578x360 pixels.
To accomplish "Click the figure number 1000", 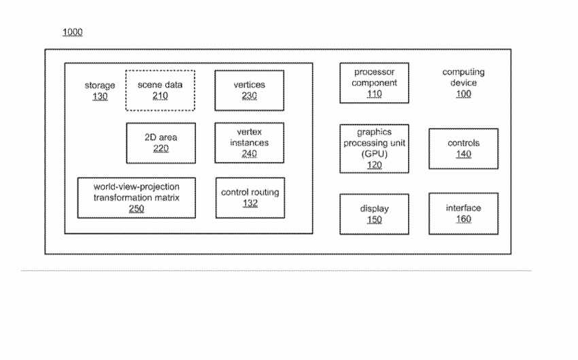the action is pyautogui.click(x=73, y=32).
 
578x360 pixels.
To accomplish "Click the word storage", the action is pyautogui.click(x=99, y=86).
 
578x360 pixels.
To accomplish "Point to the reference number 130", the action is pyautogui.click(x=100, y=97).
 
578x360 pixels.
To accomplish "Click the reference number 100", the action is pyautogui.click(x=463, y=94).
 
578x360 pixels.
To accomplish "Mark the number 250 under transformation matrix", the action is pyautogui.click(x=137, y=209).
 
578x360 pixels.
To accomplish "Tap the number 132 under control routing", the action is pyautogui.click(x=250, y=203).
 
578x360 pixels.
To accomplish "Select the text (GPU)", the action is pyautogui.click(x=374, y=154).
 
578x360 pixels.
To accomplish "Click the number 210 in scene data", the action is pyautogui.click(x=160, y=96).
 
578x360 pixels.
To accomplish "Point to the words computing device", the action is pyautogui.click(x=463, y=77).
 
